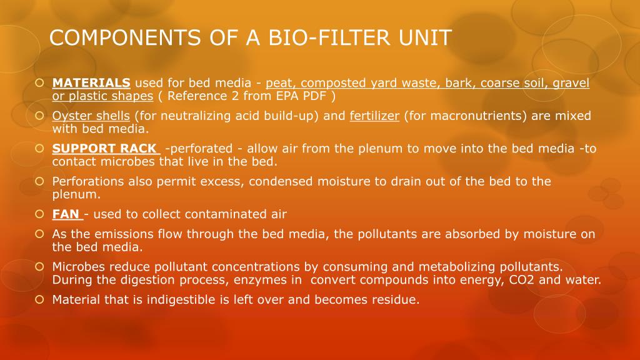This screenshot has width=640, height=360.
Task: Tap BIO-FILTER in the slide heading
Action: coord(312,37)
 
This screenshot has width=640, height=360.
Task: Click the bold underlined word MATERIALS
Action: coord(91,82)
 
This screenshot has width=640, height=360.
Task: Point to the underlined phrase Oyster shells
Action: coord(91,116)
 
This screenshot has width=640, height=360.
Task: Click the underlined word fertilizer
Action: coord(374,116)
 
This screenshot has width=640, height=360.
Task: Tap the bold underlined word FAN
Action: coord(66,214)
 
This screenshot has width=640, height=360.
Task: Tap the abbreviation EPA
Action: coord(288,96)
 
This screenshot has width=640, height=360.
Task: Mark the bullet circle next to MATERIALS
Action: coord(39,82)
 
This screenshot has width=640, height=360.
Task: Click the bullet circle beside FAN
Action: coord(39,214)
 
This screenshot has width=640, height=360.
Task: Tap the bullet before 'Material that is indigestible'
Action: coord(39,299)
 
